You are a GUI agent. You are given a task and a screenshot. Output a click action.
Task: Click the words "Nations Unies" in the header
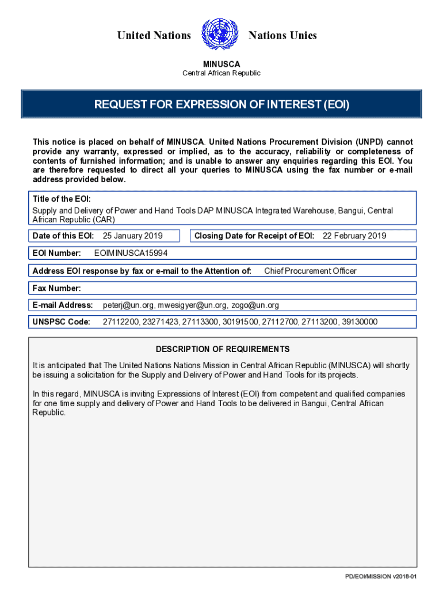point(282,36)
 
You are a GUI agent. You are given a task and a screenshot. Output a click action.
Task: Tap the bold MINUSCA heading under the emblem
point(221,64)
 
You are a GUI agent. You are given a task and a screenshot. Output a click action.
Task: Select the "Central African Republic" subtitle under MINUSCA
point(221,73)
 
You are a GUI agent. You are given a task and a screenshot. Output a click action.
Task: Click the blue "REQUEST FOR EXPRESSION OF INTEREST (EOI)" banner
point(221,104)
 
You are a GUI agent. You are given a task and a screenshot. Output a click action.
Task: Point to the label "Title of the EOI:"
point(62,199)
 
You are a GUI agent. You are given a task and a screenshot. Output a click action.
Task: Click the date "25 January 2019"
point(132,236)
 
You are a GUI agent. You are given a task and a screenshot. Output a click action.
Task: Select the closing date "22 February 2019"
point(354,236)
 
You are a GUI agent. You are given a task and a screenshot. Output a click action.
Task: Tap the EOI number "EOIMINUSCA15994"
point(131,254)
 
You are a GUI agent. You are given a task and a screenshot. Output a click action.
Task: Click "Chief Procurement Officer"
point(310,271)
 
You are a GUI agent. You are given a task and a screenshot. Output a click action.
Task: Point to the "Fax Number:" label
point(57,288)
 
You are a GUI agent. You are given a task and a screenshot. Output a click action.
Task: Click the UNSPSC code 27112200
point(121,322)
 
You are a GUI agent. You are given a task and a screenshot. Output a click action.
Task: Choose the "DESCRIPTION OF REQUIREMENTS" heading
point(223,349)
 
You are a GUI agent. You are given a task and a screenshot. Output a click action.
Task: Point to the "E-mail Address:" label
point(63,305)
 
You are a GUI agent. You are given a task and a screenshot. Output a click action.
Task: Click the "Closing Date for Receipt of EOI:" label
point(254,236)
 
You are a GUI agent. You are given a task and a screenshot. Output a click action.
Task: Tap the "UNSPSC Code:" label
point(62,322)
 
